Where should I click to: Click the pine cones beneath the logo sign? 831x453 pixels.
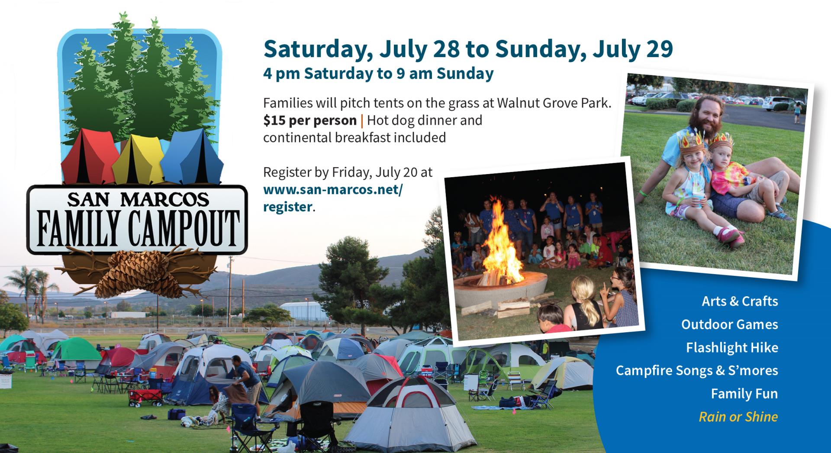coord(138,273)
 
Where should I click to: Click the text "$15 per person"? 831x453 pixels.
coord(309,120)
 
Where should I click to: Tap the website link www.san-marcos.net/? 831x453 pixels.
coord(332,190)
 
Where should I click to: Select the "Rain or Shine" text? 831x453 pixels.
coord(738,417)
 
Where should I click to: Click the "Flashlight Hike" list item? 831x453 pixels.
coord(732,347)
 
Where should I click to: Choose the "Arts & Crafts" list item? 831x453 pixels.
coord(740,301)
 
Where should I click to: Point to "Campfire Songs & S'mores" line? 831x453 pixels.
coord(697,370)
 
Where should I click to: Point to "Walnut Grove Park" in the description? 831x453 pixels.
coord(554,103)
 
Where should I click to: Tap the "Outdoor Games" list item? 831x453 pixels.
coord(729,324)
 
